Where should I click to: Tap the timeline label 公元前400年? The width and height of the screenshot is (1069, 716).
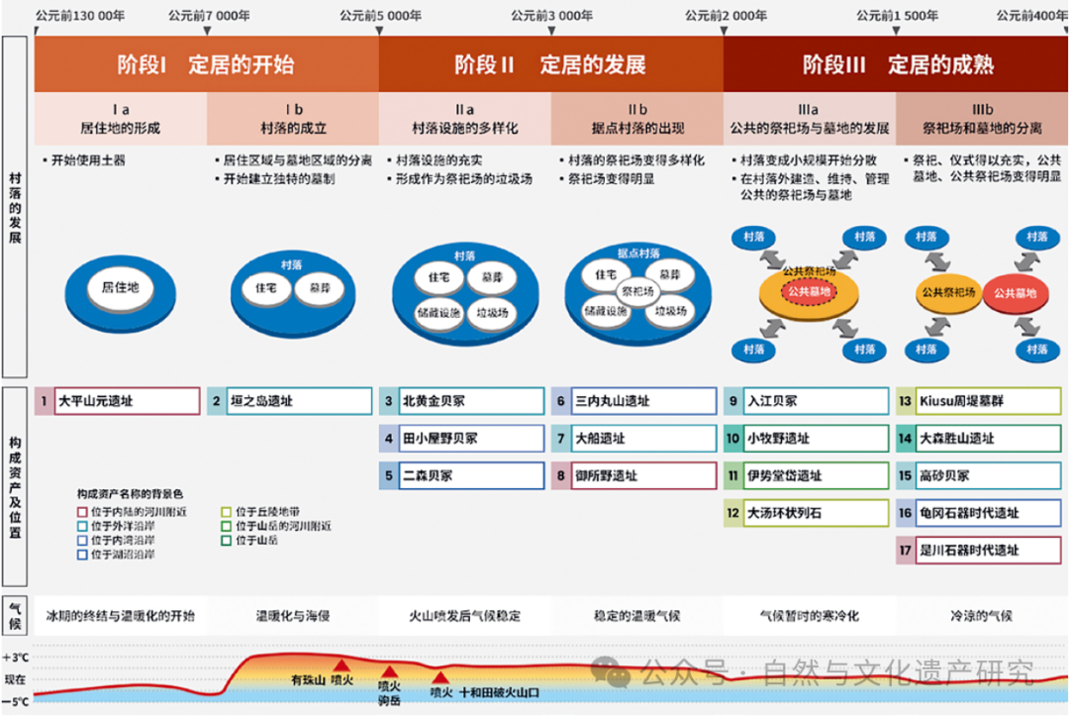coord(1031,16)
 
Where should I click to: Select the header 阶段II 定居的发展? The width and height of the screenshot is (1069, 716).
coord(550,65)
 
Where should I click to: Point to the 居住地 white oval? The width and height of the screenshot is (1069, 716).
coord(120,287)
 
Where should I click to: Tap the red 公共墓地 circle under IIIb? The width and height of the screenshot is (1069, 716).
coord(1014,293)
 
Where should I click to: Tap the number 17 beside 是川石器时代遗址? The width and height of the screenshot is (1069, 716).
coord(905,551)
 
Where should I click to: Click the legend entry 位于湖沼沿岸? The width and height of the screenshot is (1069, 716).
coord(122,556)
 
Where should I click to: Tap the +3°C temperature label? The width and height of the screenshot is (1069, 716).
coord(16,658)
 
